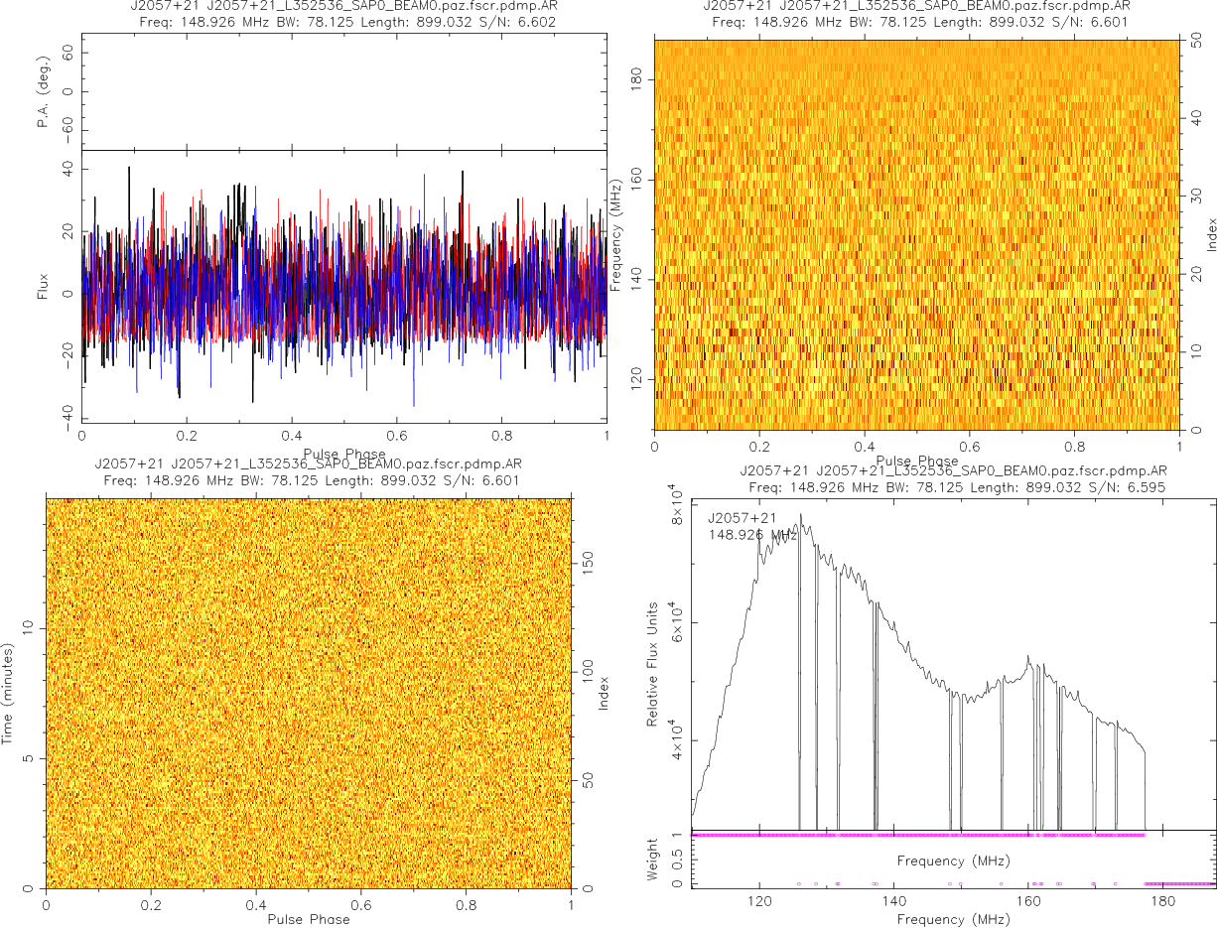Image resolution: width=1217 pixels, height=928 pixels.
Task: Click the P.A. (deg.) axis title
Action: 44,92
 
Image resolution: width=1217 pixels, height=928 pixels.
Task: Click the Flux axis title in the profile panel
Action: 43,288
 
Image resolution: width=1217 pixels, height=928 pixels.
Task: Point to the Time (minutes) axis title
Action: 7,693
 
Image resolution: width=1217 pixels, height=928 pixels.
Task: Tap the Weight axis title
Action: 653,859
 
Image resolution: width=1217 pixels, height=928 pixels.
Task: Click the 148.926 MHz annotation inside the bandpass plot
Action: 752,535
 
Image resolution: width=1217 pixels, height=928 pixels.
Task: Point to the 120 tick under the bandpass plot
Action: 759,902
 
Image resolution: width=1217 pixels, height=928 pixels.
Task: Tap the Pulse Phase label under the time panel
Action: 308,919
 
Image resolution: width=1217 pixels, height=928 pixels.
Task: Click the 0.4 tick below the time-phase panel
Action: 256,904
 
